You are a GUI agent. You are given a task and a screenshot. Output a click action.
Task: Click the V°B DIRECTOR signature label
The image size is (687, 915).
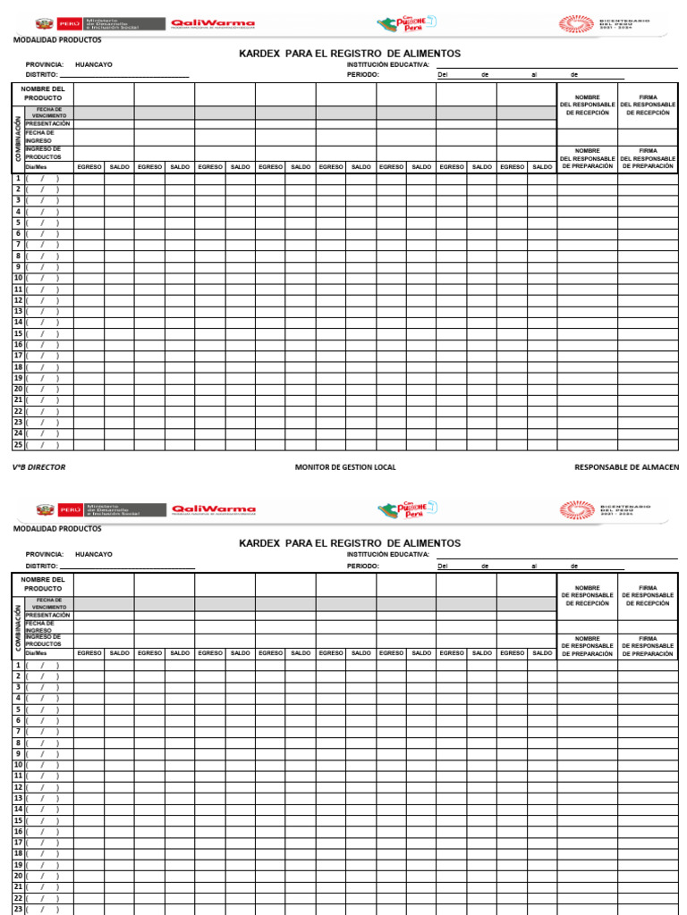pyautogui.click(x=38, y=467)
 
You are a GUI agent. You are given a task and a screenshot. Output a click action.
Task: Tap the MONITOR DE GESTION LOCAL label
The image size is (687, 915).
pyautogui.click(x=345, y=467)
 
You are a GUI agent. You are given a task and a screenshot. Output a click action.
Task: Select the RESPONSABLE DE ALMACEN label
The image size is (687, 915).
pyautogui.click(x=626, y=467)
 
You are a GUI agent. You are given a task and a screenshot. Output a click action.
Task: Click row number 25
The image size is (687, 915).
pyautogui.click(x=17, y=444)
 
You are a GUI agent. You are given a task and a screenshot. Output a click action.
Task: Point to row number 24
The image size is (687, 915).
pyautogui.click(x=17, y=432)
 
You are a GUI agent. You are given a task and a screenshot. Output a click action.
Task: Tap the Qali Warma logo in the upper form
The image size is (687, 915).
pyautogui.click(x=213, y=24)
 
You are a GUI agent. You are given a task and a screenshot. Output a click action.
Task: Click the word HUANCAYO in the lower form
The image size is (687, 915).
pyautogui.click(x=94, y=554)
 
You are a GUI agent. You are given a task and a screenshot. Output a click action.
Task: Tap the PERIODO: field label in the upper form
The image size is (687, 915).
pyautogui.click(x=363, y=75)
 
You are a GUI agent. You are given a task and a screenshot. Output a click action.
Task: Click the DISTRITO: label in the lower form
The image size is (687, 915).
pyautogui.click(x=42, y=566)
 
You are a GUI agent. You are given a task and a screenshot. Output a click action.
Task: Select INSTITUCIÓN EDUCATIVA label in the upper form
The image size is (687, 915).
pyautogui.click(x=388, y=64)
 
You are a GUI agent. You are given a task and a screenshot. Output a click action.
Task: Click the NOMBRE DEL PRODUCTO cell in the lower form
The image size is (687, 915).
pyautogui.click(x=43, y=584)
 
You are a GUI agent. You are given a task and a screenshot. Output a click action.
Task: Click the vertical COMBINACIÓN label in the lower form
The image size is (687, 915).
pyautogui.click(x=17, y=628)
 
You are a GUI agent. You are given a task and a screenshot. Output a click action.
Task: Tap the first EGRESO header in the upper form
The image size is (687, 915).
pyautogui.click(x=89, y=167)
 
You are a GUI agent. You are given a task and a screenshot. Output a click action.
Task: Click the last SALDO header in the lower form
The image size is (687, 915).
pyautogui.click(x=542, y=653)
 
